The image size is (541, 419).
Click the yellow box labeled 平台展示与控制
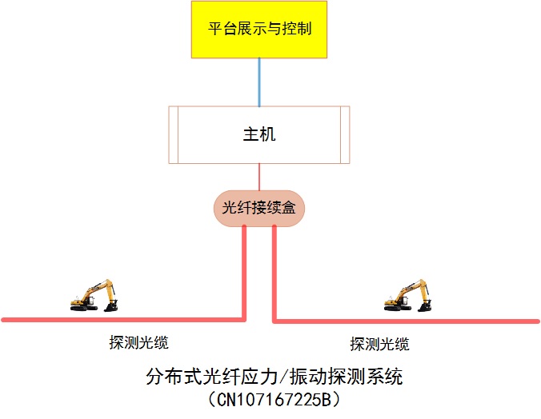pos(259,30)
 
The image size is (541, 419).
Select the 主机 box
pos(259,134)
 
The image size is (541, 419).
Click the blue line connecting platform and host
pos(259,82)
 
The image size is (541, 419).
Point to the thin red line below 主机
pos(259,177)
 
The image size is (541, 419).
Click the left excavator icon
pos(94,295)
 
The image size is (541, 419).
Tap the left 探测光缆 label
pos(139,343)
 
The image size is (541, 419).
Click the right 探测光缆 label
pos(379,344)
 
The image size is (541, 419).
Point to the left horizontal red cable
pos(120,320)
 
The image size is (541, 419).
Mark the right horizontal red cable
pos(400,321)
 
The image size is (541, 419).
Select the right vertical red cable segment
pos(274,272)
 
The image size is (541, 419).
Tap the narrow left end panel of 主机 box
pos(174,134)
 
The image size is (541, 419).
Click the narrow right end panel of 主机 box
pos(346,134)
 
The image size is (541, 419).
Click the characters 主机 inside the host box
pos(259,134)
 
